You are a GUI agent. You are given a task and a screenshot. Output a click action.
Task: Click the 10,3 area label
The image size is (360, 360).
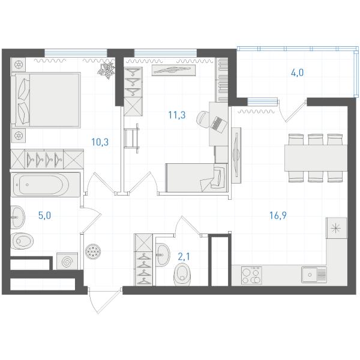point(100,142)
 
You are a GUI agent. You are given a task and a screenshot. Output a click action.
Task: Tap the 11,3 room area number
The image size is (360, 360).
point(176,115)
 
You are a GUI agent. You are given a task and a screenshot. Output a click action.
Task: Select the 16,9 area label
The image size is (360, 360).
point(278,215)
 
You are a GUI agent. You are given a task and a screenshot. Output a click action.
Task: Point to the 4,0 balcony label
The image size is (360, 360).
point(297,73)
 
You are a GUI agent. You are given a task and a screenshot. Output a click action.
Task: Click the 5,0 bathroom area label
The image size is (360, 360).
point(44,215)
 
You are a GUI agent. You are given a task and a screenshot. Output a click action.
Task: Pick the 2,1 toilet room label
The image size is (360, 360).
point(184,256)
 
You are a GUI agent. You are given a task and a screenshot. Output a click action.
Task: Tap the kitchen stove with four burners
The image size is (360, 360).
point(251,275)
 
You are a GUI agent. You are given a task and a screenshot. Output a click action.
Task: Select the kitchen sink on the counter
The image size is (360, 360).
point(314,275)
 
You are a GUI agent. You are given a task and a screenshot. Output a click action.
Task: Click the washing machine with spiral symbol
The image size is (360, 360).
point(67,261)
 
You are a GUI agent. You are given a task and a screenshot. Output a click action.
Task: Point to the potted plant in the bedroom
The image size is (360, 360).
point(106,70)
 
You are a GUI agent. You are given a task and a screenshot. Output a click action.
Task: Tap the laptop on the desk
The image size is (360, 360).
point(219,125)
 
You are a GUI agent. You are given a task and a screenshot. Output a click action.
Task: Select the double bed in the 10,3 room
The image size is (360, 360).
point(46,100)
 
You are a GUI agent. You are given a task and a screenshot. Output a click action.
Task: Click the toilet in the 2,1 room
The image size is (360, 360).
point(182,274)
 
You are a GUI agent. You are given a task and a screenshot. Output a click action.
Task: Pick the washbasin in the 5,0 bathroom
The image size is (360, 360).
point(17,217)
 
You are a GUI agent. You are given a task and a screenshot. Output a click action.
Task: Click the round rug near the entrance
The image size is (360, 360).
point(93,251)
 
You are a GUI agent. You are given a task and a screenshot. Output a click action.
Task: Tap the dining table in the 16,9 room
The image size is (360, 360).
point(316,158)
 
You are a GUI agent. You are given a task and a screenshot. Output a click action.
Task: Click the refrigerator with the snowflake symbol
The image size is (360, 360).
point(337,228)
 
